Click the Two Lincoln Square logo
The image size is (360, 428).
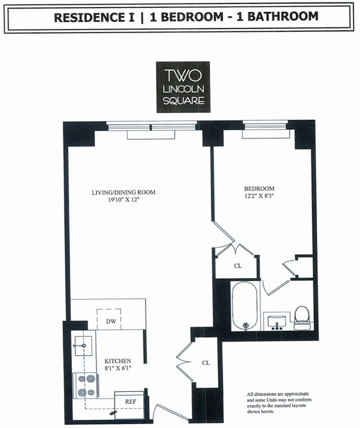[183, 87]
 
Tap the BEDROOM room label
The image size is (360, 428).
[259, 189]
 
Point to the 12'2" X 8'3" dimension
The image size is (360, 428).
[259, 196]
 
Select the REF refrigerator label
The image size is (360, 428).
[130, 402]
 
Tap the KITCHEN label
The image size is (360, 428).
[118, 361]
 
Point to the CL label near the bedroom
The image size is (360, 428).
[238, 266]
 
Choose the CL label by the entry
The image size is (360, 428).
[206, 363]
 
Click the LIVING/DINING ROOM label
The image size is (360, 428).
[123, 193]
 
